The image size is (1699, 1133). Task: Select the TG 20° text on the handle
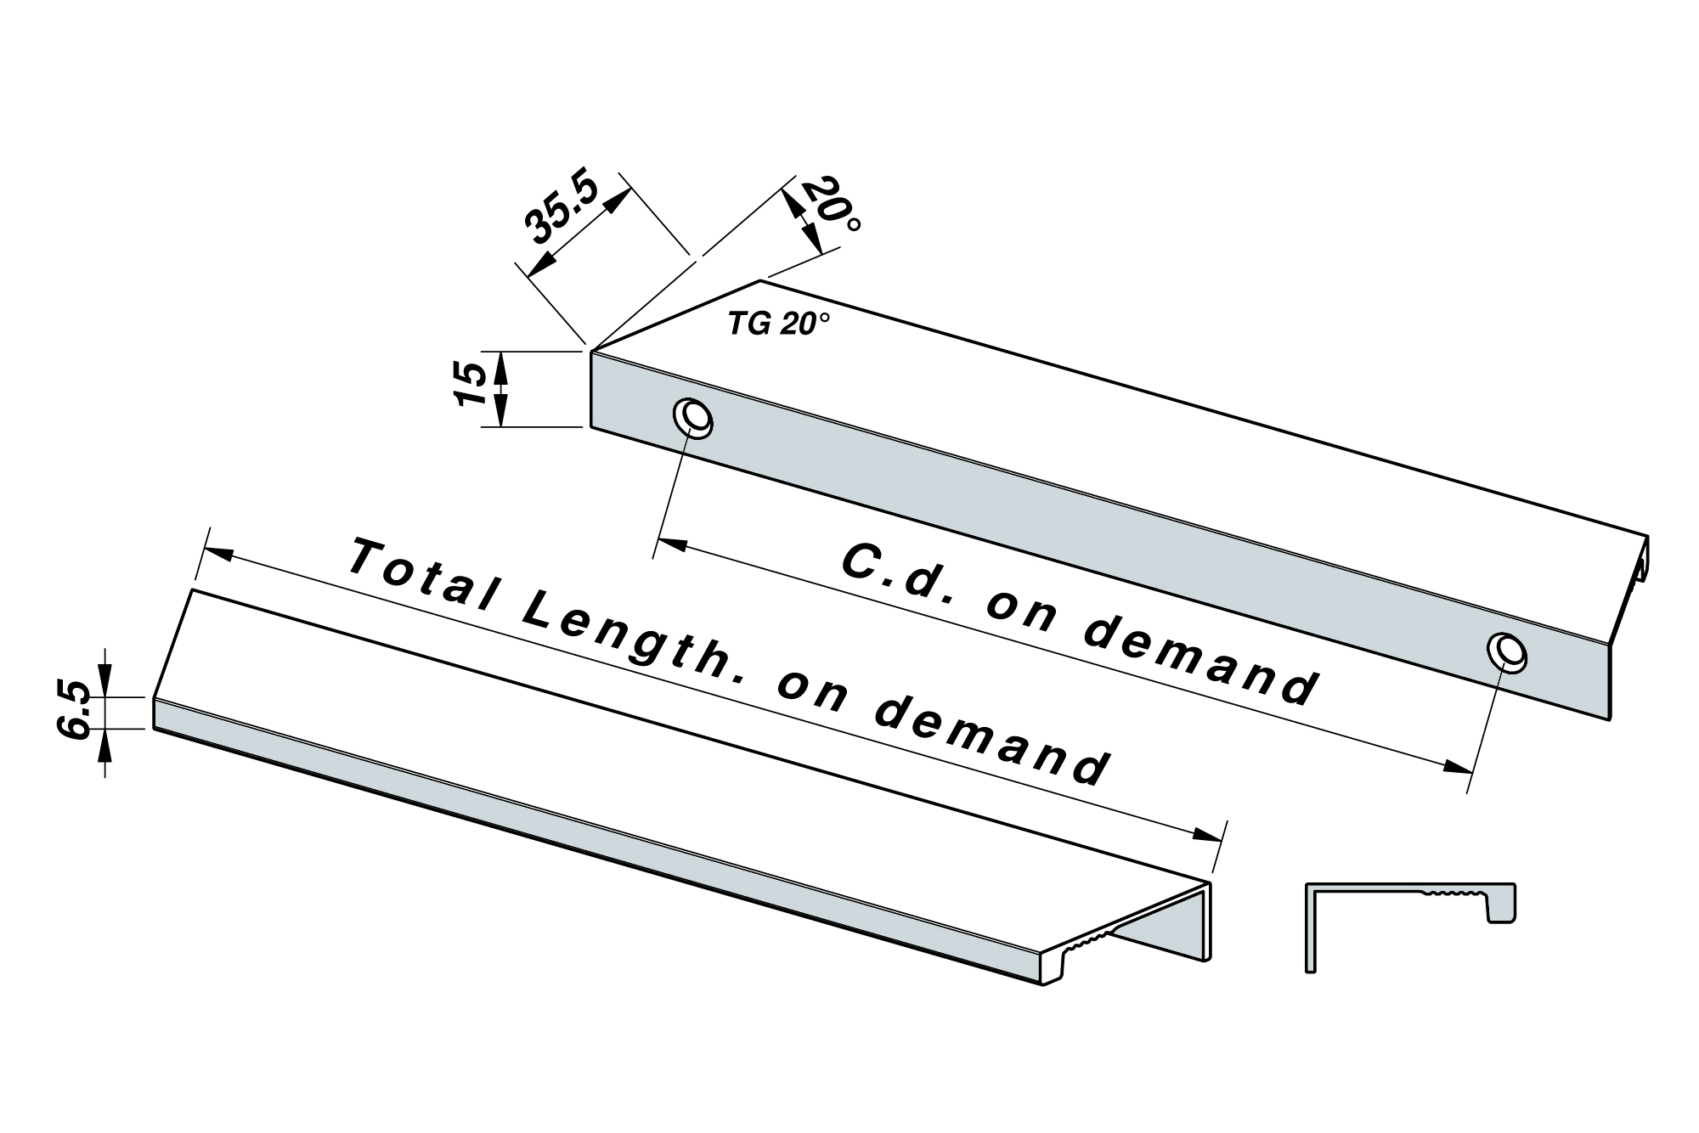pyautogui.click(x=778, y=324)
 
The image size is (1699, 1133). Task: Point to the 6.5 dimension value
pyautogui.click(x=76, y=710)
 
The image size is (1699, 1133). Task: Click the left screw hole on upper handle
pyautogui.click(x=693, y=419)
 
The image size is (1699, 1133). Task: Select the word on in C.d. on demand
pyautogui.click(x=1024, y=611)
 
